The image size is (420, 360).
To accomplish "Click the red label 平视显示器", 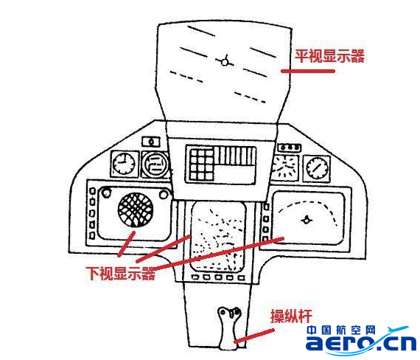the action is (x=329, y=56).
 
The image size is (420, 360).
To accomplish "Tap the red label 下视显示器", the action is (x=121, y=274).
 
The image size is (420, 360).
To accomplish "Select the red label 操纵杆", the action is (x=291, y=316).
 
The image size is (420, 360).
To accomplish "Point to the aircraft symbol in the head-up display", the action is (x=225, y=62).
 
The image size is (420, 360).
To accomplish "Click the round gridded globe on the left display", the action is (x=136, y=210).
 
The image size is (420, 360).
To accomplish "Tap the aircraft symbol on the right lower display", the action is (x=307, y=220).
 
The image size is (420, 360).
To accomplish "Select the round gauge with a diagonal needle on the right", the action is (x=317, y=168).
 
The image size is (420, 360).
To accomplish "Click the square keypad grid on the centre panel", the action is (x=201, y=165).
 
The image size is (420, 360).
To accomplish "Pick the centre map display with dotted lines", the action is (x=218, y=237).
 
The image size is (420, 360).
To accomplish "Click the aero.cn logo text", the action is (x=361, y=343).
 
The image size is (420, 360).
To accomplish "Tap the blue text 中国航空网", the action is (x=341, y=330).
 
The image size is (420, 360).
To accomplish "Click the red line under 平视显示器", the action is (x=308, y=71).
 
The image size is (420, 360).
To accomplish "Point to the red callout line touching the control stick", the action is (x=254, y=336).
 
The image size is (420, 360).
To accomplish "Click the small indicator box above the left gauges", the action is (x=151, y=142).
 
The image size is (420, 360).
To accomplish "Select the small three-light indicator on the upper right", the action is (x=290, y=148).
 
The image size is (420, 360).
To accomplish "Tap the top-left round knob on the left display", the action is (x=106, y=193).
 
